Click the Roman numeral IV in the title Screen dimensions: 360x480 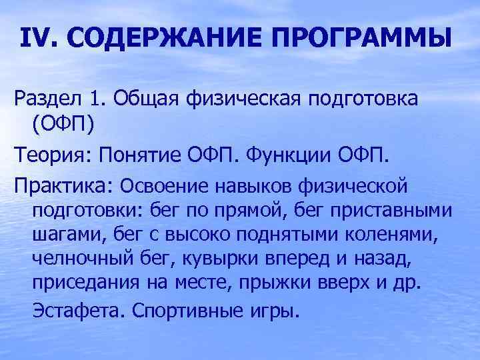[x=38, y=39]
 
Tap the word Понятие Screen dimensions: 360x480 [x=143, y=155]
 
